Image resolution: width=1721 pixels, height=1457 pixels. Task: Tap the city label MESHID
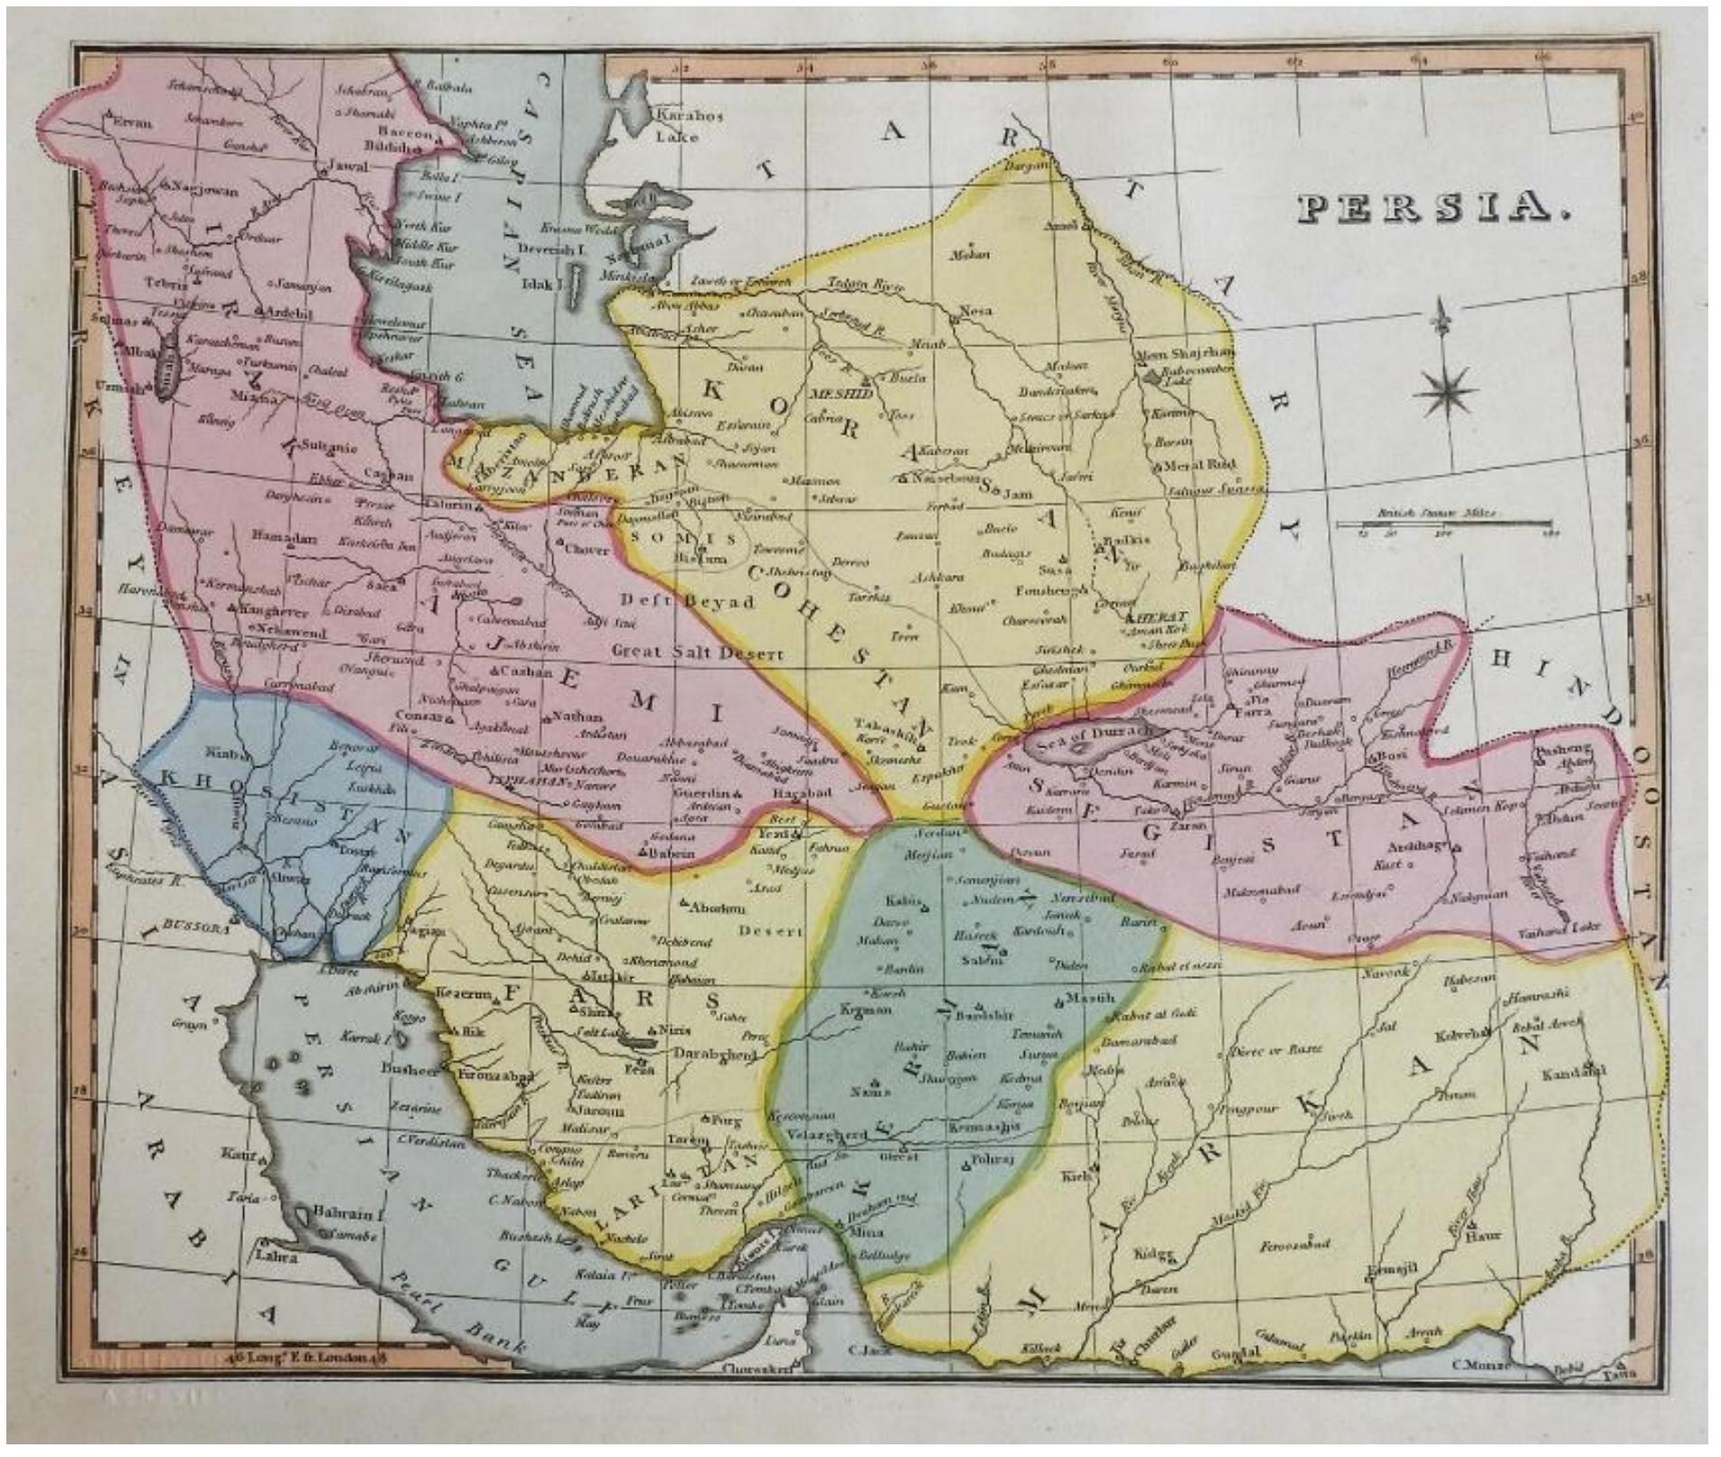click(x=841, y=394)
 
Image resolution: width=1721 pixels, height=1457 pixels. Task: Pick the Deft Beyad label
click(x=688, y=601)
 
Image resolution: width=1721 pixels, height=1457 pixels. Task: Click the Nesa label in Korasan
click(x=974, y=311)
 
